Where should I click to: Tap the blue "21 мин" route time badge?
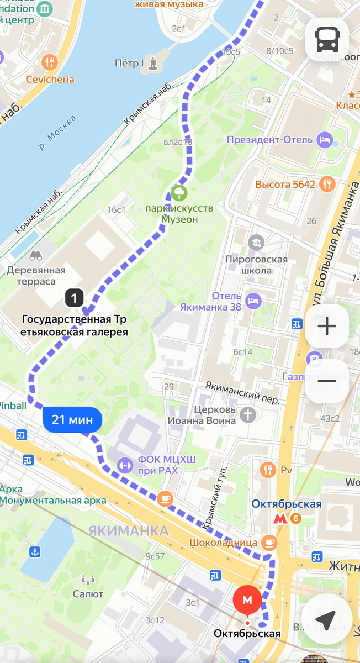point(72,420)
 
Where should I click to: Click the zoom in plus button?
point(327,327)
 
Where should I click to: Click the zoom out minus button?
point(327,381)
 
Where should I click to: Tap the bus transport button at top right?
point(327,39)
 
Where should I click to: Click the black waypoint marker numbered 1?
point(74,298)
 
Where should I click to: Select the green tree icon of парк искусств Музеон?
point(179,193)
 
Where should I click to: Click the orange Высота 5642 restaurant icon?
point(328,184)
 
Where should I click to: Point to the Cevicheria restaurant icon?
point(50,62)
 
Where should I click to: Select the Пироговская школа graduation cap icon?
point(256,242)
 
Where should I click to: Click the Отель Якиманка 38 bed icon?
point(253,301)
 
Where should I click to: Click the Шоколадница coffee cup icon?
point(269,542)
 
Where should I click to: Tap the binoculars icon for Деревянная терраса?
point(36,255)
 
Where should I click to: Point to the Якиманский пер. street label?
point(242,391)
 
